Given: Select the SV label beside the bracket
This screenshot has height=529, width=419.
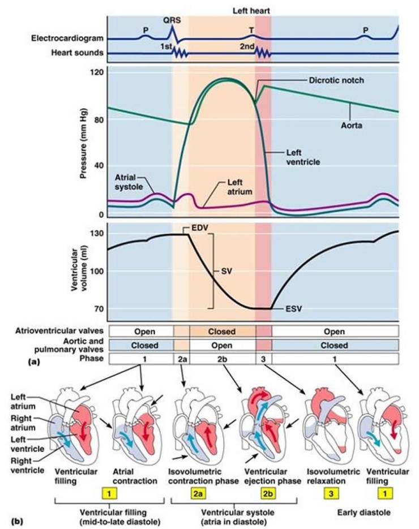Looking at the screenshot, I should (227, 271).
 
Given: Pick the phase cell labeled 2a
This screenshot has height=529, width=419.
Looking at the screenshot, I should (181, 358).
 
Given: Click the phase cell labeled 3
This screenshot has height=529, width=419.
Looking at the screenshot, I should (264, 358).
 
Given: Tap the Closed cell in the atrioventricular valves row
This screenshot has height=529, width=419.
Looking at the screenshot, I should (223, 330).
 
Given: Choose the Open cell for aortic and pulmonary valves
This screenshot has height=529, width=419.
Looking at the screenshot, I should (223, 344).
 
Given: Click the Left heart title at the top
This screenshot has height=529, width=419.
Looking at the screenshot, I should (251, 10).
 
